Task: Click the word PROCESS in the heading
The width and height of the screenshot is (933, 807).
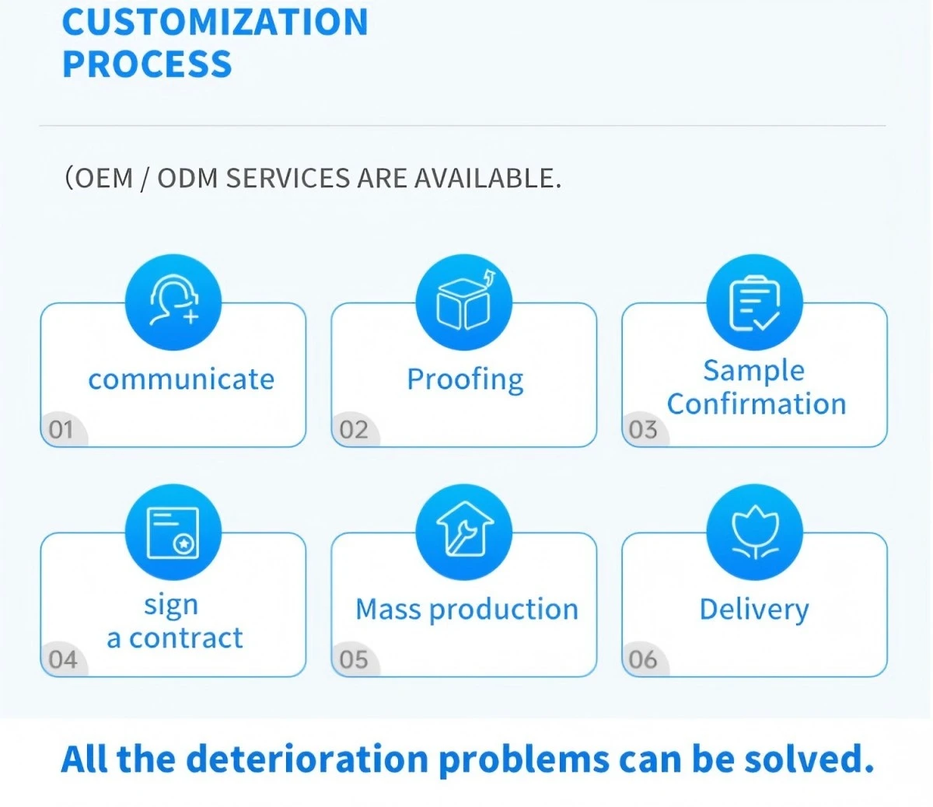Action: (x=147, y=64)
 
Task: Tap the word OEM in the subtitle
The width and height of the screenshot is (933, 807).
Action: (x=103, y=178)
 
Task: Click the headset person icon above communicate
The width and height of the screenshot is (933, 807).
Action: (x=174, y=299)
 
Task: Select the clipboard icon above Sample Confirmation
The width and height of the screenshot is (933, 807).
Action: (x=755, y=302)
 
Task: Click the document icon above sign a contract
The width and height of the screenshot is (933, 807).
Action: (x=173, y=533)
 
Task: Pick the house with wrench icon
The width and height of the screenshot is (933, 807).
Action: (x=464, y=529)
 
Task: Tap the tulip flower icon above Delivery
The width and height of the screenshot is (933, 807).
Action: (x=755, y=533)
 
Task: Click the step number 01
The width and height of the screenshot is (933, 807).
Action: (x=61, y=429)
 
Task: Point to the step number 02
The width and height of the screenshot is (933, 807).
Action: (x=354, y=429)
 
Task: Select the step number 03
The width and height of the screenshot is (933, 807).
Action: (x=643, y=429)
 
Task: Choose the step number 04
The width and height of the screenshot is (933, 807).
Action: (x=63, y=659)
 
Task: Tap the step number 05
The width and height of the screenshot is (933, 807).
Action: (x=354, y=659)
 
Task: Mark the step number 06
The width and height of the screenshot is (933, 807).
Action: (x=643, y=659)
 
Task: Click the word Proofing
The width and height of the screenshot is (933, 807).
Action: (x=466, y=379)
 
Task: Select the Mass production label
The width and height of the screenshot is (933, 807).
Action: (x=466, y=610)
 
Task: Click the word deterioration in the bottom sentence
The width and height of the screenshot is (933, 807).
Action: (x=307, y=759)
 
